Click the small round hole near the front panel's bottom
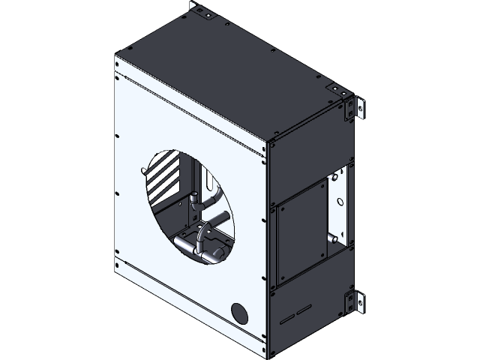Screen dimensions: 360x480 pyautogui.click(x=239, y=313)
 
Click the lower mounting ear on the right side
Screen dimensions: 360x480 pyautogui.click(x=353, y=304)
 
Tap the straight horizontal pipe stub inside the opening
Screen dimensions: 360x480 pyautogui.click(x=217, y=220)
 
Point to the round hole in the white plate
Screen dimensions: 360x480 pyautogui.click(x=342, y=201)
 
